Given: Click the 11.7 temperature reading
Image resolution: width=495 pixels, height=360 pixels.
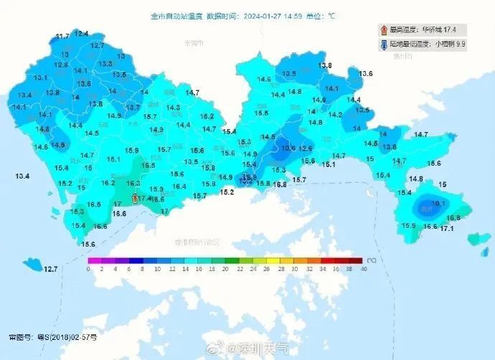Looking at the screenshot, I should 62,36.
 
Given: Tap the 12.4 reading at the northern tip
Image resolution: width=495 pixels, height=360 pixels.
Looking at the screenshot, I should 82,33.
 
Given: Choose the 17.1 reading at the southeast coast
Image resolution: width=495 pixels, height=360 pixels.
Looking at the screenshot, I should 447,228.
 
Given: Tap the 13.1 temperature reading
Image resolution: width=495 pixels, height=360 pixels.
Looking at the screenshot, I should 41,77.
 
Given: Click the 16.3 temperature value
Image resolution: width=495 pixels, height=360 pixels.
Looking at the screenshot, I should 133,183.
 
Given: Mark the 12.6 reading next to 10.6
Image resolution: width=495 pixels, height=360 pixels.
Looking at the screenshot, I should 306,148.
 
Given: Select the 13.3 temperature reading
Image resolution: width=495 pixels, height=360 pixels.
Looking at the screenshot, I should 105,64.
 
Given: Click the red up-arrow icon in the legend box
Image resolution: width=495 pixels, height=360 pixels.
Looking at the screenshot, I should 385,30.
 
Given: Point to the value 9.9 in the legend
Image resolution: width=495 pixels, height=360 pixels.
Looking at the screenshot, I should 461,44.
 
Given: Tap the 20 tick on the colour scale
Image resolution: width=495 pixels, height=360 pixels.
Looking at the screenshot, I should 225,269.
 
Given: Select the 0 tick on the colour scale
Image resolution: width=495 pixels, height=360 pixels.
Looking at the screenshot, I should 88,269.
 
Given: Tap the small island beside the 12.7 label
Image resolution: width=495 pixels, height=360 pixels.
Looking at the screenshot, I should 32,265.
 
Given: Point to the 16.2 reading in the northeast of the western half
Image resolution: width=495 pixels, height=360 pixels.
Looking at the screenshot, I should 207,116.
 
